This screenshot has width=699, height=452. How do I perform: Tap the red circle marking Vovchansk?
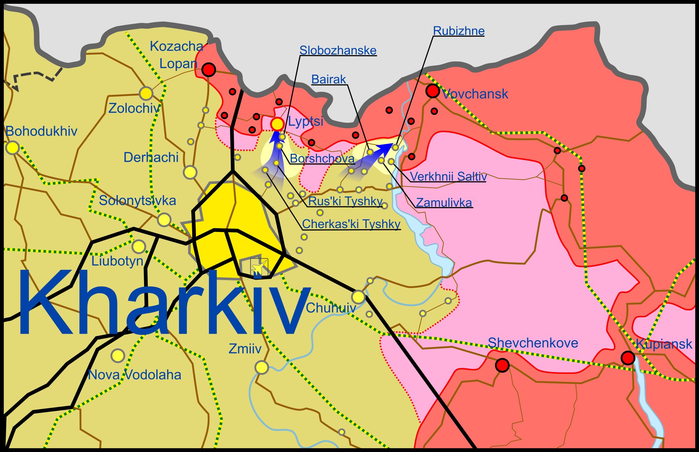click(x=432, y=91)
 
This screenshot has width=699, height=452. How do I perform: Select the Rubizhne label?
click(x=458, y=31)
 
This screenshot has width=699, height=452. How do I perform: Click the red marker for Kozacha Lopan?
click(x=209, y=70)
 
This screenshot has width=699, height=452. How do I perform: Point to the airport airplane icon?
click(x=259, y=267)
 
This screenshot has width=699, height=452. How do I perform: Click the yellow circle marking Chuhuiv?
click(x=358, y=297)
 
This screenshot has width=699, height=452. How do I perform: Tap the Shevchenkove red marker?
click(x=502, y=365)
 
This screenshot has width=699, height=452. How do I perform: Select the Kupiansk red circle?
click(x=628, y=358)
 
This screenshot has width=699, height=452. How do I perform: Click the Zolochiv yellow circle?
click(x=146, y=93)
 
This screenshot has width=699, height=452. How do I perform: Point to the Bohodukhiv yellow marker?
click(x=13, y=148)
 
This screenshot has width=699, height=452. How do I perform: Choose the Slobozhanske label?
click(x=338, y=50)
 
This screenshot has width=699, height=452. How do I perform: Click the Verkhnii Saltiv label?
click(x=448, y=176)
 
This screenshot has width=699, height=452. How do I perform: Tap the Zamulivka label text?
click(x=444, y=203)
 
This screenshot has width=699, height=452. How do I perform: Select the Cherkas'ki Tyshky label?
click(x=351, y=224)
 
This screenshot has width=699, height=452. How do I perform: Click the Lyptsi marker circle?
click(x=277, y=124)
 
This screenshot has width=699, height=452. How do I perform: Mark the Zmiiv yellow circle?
click(x=262, y=367)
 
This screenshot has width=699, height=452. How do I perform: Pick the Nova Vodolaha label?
click(x=134, y=375)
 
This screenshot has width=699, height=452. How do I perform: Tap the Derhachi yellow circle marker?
click(x=190, y=172)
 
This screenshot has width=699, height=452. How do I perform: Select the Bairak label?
click(x=329, y=79)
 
